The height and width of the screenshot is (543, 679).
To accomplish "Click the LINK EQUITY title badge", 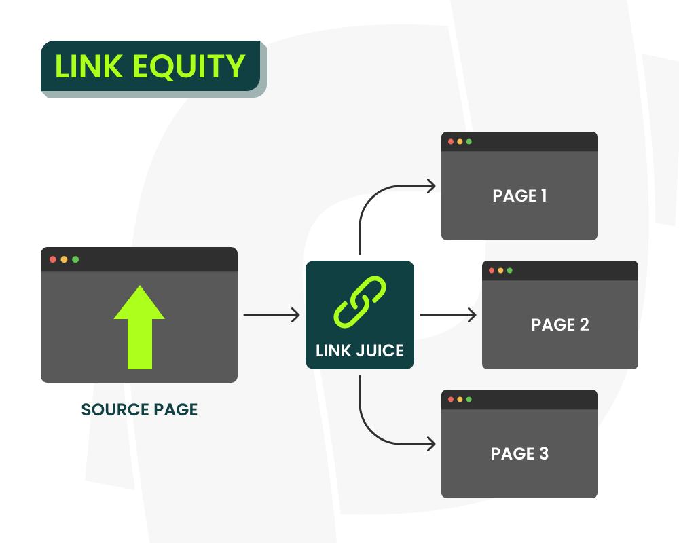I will pos(150,67).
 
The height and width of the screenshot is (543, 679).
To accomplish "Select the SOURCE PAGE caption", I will pos(139,410).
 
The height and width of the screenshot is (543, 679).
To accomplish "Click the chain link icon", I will pos(360,300).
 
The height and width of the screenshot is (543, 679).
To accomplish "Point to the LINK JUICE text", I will pos(360,350).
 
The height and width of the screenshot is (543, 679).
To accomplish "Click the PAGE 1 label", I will pos(519,196).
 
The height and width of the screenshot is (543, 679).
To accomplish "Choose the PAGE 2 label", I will pos(560,324).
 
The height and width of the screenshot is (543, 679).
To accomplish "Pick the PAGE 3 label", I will pos(519,453).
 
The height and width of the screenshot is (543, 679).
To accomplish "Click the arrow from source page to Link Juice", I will pos(272,315).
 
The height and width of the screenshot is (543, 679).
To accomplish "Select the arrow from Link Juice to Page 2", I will pos(448,315).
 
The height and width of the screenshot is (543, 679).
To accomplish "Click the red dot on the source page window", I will pos(53,259).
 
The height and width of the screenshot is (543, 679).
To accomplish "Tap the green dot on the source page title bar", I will pos(75,259).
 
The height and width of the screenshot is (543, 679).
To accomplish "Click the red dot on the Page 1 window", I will pos(450,142).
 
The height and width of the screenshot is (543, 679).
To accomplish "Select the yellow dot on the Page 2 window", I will pos(500,271).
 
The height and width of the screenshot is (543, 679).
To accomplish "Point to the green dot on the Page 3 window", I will pos(469,400).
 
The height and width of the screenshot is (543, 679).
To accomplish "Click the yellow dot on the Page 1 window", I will pos(460,142).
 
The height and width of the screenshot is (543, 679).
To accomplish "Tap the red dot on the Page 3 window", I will pos(450,400).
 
